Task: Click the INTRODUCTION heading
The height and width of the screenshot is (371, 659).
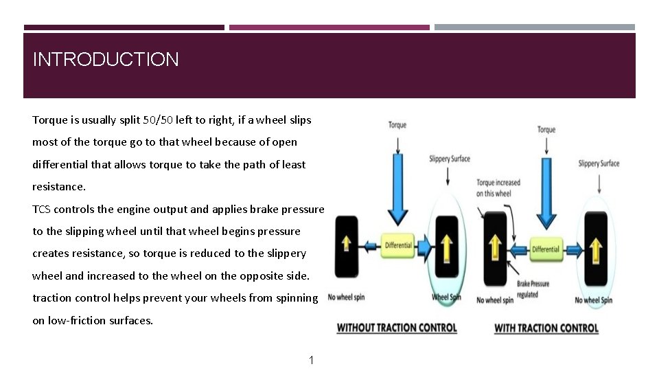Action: coord(106,60)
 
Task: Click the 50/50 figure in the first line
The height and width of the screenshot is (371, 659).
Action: coord(158,120)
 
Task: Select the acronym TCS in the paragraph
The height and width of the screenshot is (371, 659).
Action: coord(41,209)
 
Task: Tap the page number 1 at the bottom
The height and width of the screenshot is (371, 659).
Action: coord(311,360)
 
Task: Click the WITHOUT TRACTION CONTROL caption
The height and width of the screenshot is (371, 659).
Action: coord(396,328)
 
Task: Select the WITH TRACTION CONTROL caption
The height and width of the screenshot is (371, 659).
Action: coord(546,328)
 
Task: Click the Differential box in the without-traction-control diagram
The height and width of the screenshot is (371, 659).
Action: coord(398,245)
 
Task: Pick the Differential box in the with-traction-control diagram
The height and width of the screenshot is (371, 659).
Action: coord(546,249)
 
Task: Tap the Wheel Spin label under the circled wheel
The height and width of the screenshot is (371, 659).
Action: coord(447,297)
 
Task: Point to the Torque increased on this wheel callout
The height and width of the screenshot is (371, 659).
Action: coord(498,188)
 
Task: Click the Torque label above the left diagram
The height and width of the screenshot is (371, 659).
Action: coord(397,124)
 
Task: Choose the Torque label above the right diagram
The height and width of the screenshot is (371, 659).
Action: coord(546,129)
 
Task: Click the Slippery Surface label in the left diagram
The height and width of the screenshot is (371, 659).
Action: coord(450,159)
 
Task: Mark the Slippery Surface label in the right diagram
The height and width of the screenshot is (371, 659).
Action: coord(599,164)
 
